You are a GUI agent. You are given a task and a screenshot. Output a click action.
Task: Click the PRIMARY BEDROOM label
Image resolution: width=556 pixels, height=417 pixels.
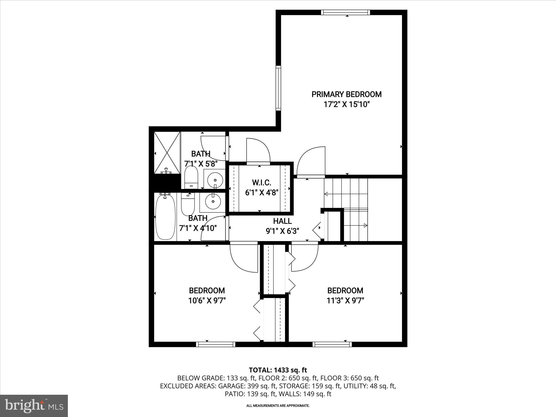(x=346, y=94)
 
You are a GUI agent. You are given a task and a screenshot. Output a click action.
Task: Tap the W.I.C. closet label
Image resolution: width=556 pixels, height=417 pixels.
(x=261, y=182)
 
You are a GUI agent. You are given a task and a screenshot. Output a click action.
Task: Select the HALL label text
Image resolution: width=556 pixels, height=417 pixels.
(x=282, y=221)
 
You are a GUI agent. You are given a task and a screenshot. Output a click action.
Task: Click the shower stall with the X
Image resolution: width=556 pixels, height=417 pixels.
(x=167, y=153)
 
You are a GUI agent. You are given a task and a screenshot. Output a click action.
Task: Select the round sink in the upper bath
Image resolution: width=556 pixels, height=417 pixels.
(x=215, y=180)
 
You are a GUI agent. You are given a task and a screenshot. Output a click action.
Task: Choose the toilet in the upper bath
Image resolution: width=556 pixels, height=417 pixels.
(x=191, y=177)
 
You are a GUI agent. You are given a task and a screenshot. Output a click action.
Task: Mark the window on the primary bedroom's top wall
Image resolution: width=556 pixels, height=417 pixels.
(x=346, y=12)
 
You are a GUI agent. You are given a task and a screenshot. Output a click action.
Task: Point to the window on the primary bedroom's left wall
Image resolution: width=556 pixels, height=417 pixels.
(x=278, y=88)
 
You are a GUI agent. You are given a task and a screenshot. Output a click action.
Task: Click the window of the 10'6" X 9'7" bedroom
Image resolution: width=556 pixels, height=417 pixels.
(x=216, y=344)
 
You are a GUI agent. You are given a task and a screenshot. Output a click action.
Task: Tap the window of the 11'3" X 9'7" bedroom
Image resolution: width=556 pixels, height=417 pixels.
(x=332, y=344)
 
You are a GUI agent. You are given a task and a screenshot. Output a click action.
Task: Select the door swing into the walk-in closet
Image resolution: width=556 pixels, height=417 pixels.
(x=258, y=151)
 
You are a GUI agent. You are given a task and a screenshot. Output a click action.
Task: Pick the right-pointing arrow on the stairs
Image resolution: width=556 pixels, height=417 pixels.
(x=365, y=225)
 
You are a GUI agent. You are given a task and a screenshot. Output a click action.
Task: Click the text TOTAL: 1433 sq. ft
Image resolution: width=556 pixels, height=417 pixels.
(x=278, y=370)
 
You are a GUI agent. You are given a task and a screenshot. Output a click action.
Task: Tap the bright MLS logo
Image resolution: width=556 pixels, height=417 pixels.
(x=34, y=406)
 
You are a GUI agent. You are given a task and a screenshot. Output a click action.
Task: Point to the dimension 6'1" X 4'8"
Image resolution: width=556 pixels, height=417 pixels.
(x=262, y=193)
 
